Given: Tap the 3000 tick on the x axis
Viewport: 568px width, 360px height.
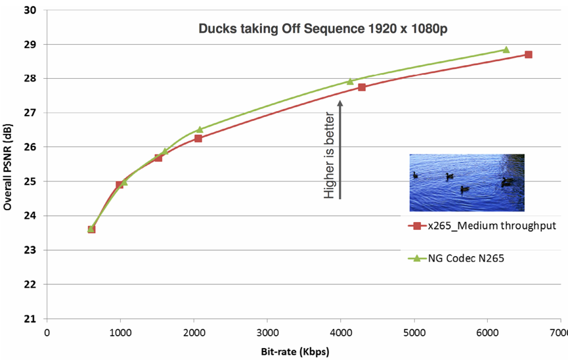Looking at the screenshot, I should pos(267,332).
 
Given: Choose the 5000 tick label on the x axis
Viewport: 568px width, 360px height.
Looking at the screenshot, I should pos(414,332).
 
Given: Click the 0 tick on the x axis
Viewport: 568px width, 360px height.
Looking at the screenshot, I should pos(47,332).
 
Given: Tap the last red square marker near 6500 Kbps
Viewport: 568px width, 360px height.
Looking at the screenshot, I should pos(528,55).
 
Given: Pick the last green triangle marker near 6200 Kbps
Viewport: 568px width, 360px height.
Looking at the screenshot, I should pos(506,49).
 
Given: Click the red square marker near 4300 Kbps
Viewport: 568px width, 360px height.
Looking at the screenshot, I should pos(362,87).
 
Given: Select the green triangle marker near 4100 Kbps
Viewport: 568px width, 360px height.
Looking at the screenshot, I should pos(350,81).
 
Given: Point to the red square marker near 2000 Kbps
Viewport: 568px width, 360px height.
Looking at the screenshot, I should pos(198,139).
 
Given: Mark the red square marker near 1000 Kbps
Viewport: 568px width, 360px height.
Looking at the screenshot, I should pos(119,185).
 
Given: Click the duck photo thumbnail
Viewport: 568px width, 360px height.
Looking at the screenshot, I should pos(466,183).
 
